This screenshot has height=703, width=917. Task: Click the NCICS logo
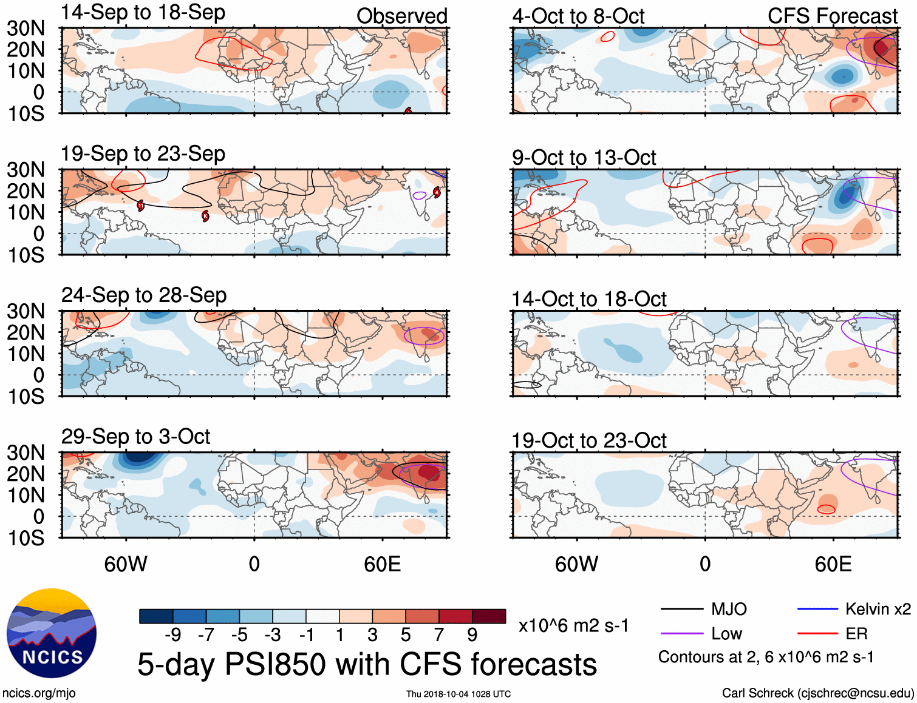52,633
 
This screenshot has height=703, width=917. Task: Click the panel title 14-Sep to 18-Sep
143,12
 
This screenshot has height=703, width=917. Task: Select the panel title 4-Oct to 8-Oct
578,16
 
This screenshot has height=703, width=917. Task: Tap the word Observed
401,16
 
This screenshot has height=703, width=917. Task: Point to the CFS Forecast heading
832,16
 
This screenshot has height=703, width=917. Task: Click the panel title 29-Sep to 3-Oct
135,437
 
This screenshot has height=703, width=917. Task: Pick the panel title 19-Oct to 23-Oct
588,441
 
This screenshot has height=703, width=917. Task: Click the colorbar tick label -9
172,635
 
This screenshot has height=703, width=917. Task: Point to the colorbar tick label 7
438,635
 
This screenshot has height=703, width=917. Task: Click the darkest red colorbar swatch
489,616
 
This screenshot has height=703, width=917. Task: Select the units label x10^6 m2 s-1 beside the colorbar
573,625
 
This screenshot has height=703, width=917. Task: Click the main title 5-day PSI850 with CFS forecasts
367,664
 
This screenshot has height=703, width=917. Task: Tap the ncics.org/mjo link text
39,693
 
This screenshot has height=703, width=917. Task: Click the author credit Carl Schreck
817,693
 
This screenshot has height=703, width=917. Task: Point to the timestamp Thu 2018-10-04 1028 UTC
458,694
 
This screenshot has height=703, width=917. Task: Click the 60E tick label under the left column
382,564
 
